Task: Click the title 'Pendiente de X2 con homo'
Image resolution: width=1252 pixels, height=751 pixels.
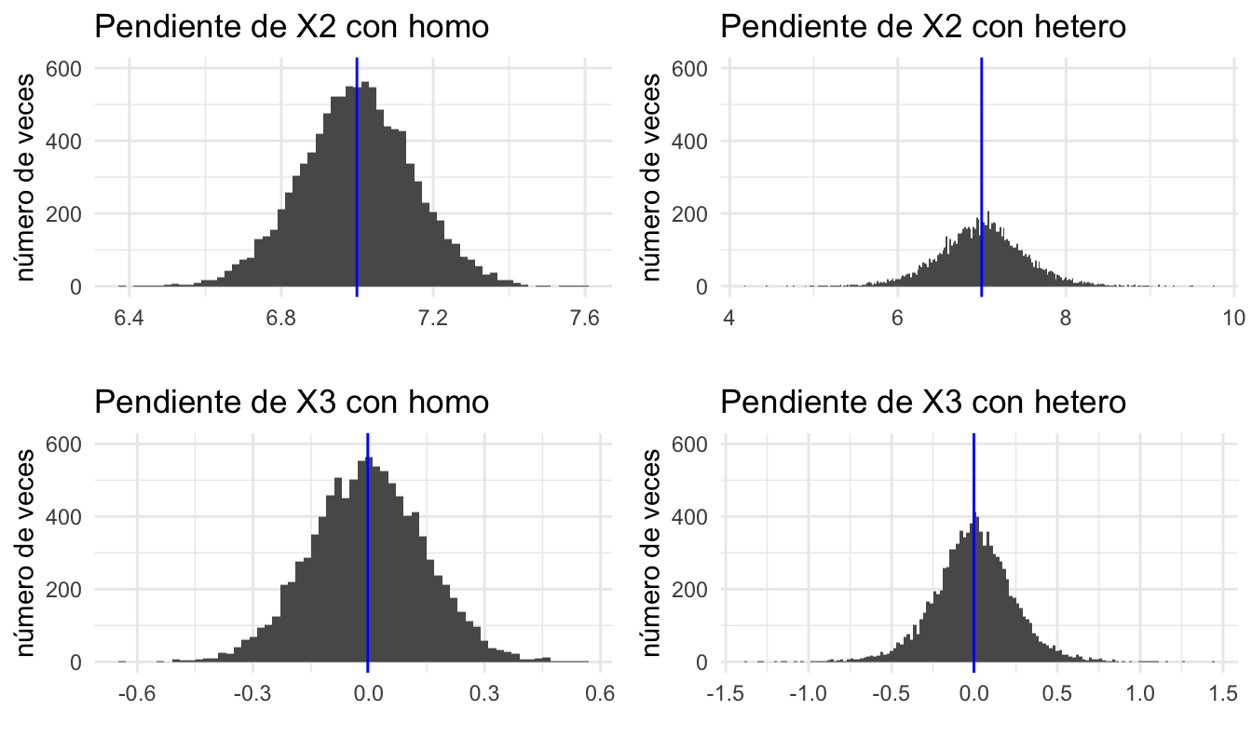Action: click(x=292, y=27)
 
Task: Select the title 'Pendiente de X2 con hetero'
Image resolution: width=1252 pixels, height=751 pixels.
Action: click(x=923, y=27)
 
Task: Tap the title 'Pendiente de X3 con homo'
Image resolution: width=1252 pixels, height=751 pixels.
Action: click(x=292, y=403)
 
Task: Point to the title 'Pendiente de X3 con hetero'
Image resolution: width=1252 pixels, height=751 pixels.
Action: click(x=923, y=403)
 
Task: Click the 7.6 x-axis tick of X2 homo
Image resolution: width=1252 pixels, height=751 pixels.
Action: click(x=585, y=318)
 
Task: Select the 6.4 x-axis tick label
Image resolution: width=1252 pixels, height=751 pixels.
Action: click(x=129, y=318)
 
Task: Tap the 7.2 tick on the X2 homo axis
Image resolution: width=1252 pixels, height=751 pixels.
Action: click(x=433, y=318)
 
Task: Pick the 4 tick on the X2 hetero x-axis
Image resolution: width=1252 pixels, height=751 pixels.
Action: click(x=729, y=318)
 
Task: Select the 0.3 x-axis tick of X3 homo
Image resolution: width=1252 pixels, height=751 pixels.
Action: click(x=483, y=694)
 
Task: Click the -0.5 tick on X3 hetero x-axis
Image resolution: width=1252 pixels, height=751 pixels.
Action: click(x=890, y=694)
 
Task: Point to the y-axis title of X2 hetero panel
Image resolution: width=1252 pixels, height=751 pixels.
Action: click(x=652, y=177)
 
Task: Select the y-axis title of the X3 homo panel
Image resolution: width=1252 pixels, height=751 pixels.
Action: click(x=27, y=552)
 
